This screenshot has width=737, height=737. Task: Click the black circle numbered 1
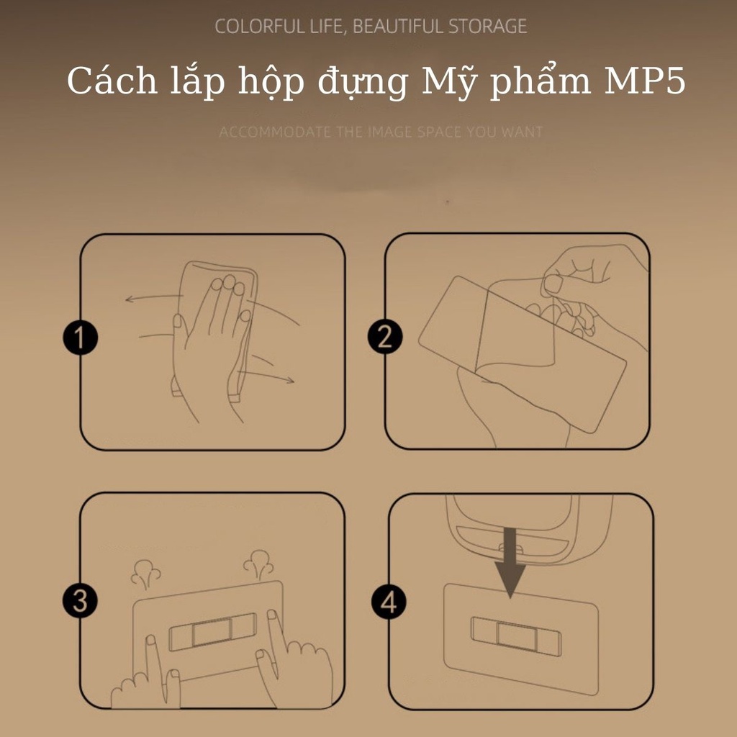coord(81,338)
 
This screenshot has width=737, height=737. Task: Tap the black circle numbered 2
coord(385,337)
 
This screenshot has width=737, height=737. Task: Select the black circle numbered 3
coord(81,601)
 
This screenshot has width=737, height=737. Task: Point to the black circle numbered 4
coord(389,602)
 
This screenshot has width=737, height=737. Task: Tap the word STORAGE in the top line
coord(487,27)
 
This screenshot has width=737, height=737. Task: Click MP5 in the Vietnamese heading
coord(645,81)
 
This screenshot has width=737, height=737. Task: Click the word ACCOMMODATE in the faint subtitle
coord(275,132)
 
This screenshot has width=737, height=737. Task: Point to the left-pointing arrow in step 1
coord(154,298)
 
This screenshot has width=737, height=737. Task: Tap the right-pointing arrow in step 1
coord(266,376)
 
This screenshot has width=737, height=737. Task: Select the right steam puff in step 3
coord(258,564)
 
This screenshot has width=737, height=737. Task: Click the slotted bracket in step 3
coord(213,632)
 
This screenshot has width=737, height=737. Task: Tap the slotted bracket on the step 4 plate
coord(516,636)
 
